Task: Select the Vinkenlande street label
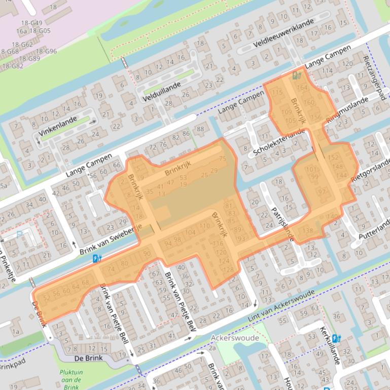[x=59, y=125]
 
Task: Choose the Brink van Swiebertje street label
[x=115, y=240]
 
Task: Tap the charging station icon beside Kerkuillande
[x=336, y=338]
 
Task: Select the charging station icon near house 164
[x=297, y=76]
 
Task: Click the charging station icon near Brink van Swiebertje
[x=97, y=259]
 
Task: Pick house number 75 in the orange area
[x=222, y=159]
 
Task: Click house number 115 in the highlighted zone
[x=277, y=93]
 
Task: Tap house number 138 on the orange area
[x=307, y=231]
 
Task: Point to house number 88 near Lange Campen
[x=200, y=129]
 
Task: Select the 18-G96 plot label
[x=47, y=51]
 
